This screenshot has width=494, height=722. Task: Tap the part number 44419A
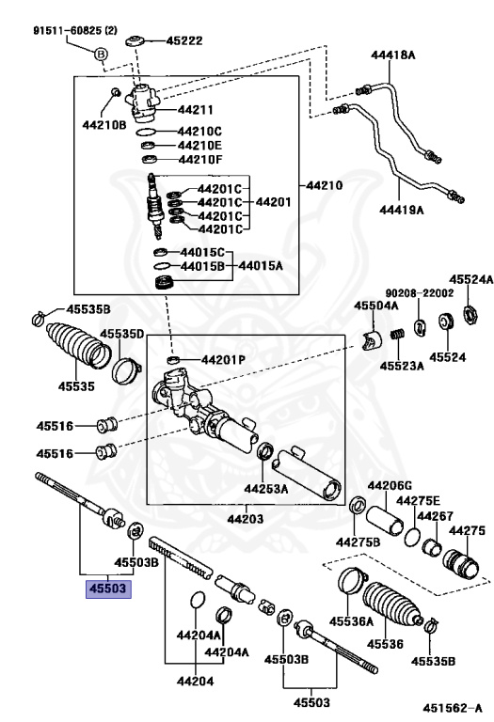[401, 209]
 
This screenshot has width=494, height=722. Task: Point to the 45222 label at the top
[184, 41]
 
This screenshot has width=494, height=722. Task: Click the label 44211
[197, 111]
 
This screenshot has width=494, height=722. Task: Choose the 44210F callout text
[199, 160]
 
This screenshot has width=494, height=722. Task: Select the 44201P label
[222, 360]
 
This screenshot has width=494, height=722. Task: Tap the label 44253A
[265, 489]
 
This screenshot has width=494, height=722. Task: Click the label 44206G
[390, 485]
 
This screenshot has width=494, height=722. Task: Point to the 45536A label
[351, 620]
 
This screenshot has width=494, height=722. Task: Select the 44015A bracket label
[262, 266]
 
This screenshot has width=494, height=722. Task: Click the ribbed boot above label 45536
[394, 607]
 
